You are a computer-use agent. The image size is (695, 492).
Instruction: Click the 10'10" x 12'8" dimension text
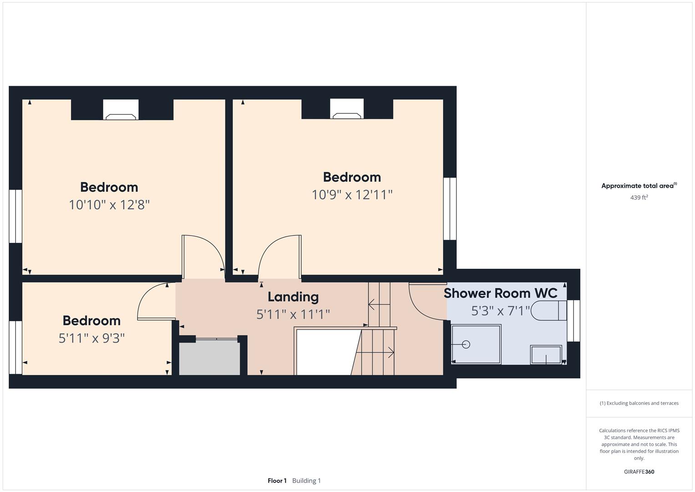(x=109, y=205)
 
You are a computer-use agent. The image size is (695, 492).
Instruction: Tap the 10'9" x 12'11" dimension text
(x=352, y=195)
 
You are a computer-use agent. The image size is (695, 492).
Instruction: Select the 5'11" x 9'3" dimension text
(x=91, y=338)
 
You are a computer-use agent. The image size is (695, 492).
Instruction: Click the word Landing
(x=293, y=297)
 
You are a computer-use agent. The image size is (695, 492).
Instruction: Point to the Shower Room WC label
(x=500, y=293)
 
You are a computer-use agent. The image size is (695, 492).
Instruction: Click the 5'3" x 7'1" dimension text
(x=500, y=311)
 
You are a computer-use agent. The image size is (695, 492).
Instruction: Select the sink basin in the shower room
(x=546, y=354)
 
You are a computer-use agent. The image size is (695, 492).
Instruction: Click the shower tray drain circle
(x=466, y=344)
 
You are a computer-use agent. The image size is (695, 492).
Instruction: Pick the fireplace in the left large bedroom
(x=121, y=110)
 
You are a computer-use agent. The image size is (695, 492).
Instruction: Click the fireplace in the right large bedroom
(x=347, y=109)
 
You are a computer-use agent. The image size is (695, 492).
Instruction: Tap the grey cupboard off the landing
(x=209, y=358)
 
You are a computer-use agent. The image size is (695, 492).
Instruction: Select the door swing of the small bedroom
(x=152, y=302)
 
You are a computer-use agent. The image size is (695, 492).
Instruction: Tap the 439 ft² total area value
(x=639, y=198)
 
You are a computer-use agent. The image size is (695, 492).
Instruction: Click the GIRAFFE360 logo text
(x=639, y=471)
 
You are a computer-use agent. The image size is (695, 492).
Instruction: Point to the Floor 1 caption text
(x=277, y=481)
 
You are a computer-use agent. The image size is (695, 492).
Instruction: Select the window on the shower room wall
(x=576, y=320)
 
